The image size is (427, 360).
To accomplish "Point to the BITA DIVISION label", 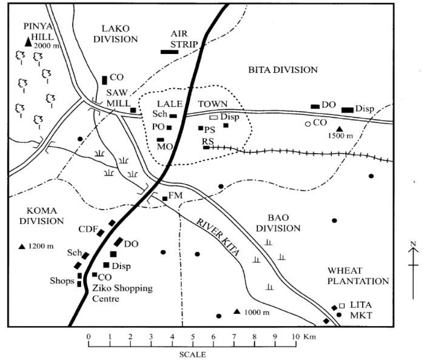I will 283,70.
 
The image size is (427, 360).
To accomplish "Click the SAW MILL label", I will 118,97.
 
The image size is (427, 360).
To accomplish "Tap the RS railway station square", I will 206,147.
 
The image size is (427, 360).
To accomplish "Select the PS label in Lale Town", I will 210,129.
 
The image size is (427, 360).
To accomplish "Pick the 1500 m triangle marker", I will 340,129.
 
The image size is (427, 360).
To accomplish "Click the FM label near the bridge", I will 177,196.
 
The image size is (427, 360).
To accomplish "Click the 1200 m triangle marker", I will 22,246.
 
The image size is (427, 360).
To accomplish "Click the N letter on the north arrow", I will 413,244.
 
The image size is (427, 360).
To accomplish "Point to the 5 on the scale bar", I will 193,335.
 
